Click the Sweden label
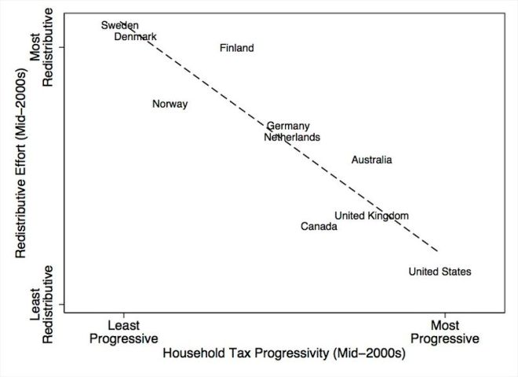coord(120,26)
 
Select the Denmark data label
coord(136,37)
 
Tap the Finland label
coord(236,48)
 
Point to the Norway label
coord(170,104)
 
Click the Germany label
coord(288,126)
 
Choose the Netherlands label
coord(292,137)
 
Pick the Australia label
coord(371,160)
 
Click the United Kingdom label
coord(371,216)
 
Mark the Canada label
coord(319,227)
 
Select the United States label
coord(440,272)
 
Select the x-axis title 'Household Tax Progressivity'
coord(283,354)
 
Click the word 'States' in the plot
coord(456,272)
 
